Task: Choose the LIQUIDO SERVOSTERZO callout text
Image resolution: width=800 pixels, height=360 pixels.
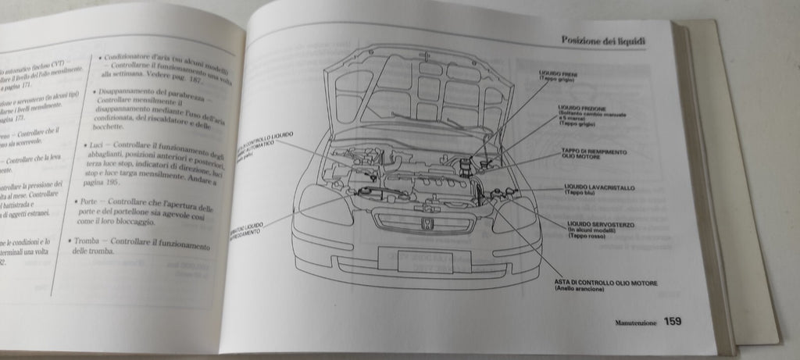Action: [601, 225]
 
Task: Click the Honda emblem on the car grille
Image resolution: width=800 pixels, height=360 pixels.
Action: [428, 223]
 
